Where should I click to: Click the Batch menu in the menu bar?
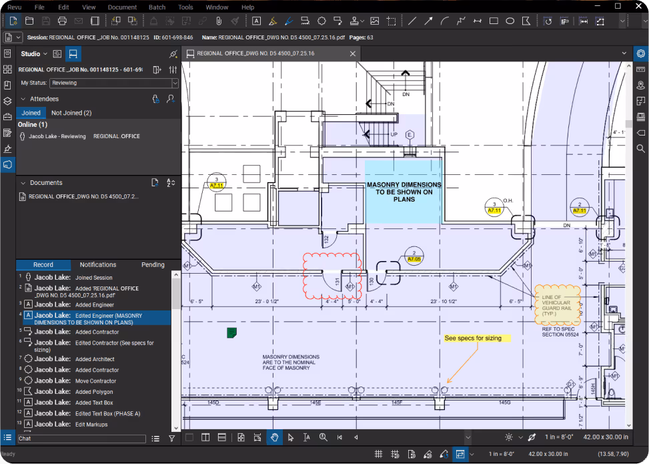(157, 7)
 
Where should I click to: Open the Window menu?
(217, 7)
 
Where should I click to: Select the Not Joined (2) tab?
(71, 113)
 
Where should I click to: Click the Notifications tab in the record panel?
(98, 265)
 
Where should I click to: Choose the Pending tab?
(153, 265)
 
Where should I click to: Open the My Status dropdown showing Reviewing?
(115, 83)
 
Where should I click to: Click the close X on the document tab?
(353, 53)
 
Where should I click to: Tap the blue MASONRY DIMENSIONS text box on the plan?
(404, 192)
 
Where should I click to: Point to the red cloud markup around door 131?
(332, 274)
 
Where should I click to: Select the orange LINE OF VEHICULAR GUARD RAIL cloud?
(557, 304)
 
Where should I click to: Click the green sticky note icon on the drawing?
(231, 332)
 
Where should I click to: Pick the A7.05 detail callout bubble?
(414, 257)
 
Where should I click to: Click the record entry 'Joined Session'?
(93, 278)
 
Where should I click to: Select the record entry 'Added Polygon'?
(93, 392)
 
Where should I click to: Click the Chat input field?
(81, 439)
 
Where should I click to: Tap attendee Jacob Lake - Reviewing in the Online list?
(57, 136)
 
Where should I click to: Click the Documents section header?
(46, 182)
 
